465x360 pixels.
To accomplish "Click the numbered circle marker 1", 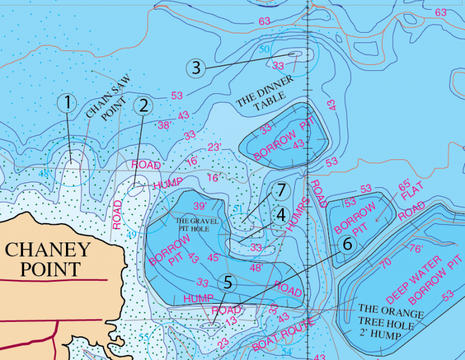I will (x=67, y=102).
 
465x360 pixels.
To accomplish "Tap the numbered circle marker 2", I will (x=143, y=105).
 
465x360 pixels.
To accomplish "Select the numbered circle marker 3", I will (x=196, y=67).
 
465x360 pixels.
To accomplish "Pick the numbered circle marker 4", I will (x=280, y=215).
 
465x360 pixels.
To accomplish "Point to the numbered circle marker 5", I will (x=228, y=282).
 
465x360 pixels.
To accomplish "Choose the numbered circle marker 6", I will (x=347, y=244).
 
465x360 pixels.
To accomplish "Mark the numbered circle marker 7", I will (x=280, y=190).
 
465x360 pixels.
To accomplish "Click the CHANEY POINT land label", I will (x=48, y=259).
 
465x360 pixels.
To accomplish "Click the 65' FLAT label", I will (x=402, y=194).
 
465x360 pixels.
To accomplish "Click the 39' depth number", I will (x=200, y=206).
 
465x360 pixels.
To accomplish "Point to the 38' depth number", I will (x=164, y=125).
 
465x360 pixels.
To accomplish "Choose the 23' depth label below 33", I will (x=215, y=147).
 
